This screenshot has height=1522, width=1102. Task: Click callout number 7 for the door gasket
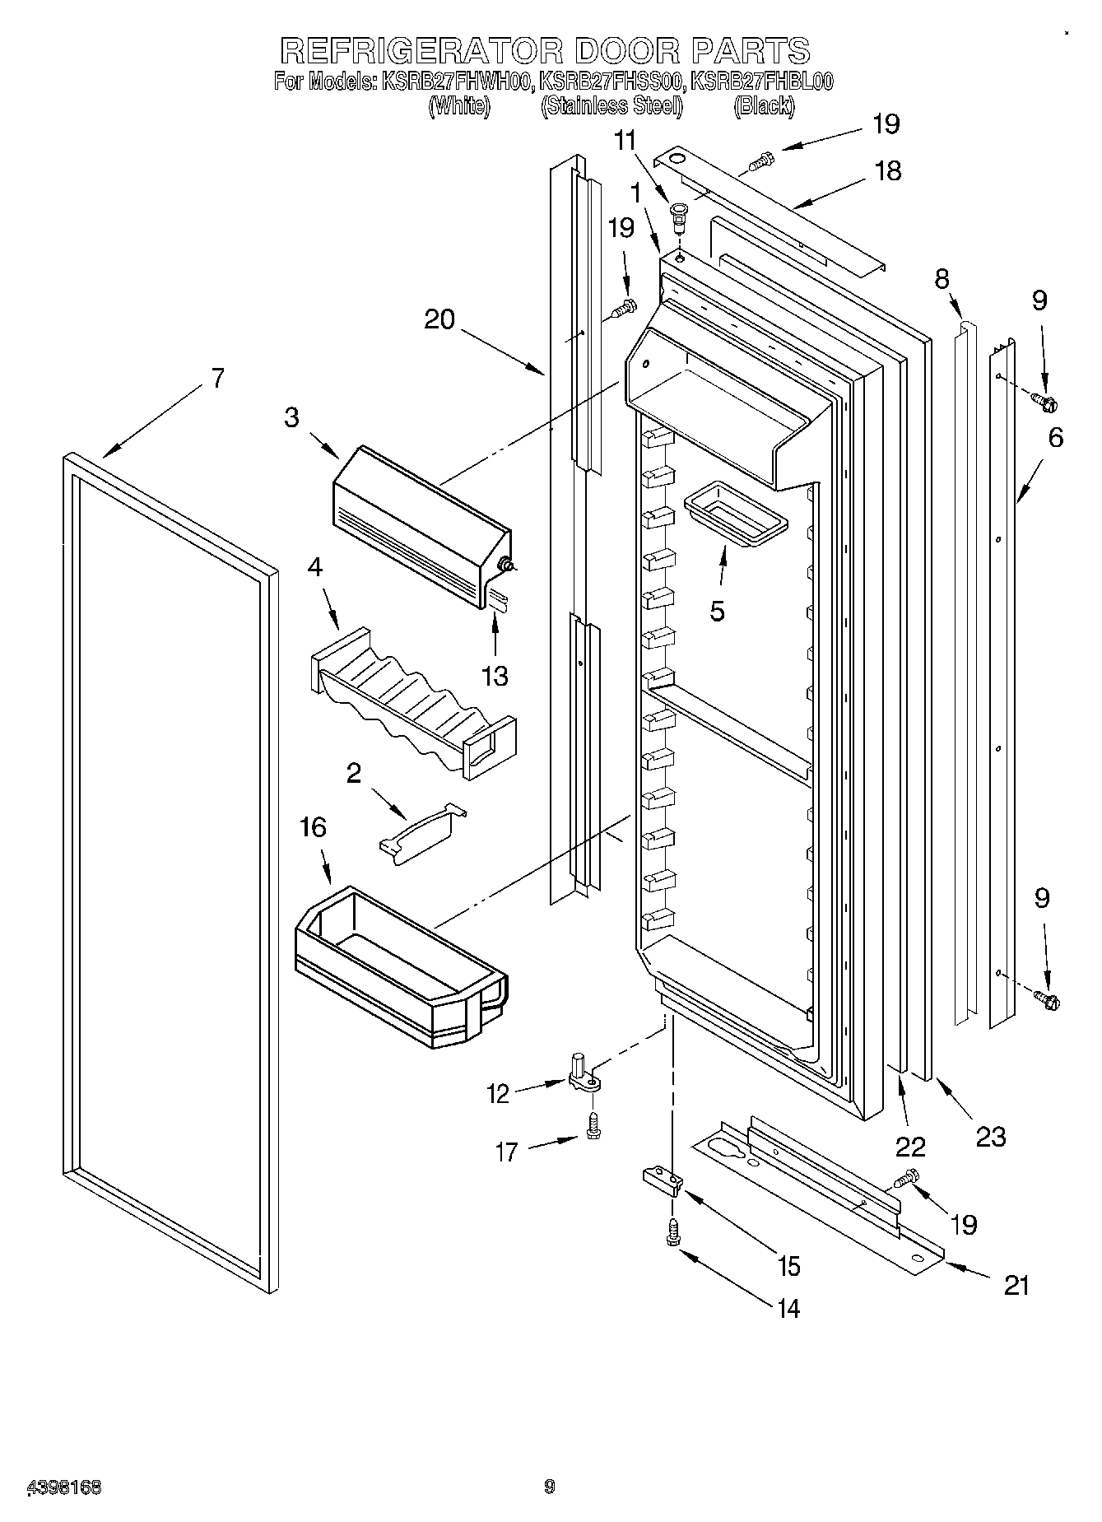(x=217, y=379)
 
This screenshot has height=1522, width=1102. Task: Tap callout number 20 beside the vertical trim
(x=439, y=319)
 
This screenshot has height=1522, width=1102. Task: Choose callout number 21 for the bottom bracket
(x=1017, y=1285)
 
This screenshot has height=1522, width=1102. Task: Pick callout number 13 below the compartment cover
(x=495, y=677)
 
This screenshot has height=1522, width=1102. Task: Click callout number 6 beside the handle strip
(x=1055, y=438)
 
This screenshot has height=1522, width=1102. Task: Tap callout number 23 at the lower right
(x=991, y=1137)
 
